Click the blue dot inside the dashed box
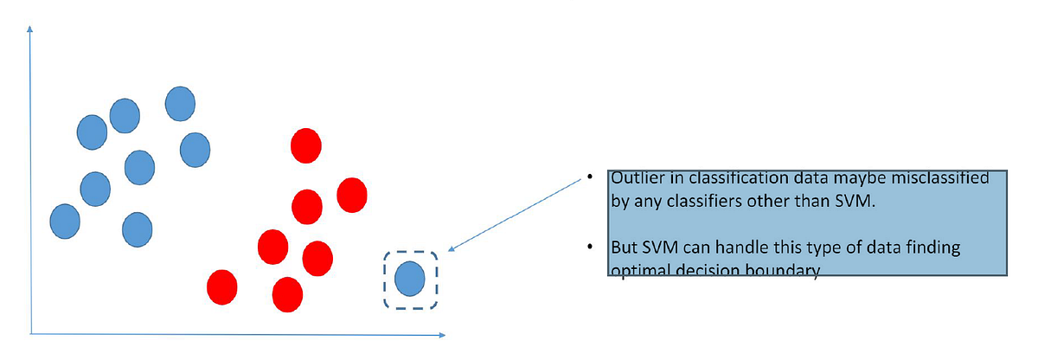pyautogui.click(x=409, y=279)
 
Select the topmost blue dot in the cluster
pyautogui.click(x=179, y=103)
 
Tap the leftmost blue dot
pyautogui.click(x=64, y=220)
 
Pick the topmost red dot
pyautogui.click(x=305, y=145)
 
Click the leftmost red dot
pyautogui.click(x=222, y=286)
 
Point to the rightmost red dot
pyautogui.click(x=352, y=194)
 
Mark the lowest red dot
pyautogui.click(x=287, y=294)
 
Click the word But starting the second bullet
pyautogui.click(x=625, y=248)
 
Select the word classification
pyautogui.click(x=723, y=179)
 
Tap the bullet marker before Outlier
pyautogui.click(x=589, y=179)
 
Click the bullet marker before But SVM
pyautogui.click(x=589, y=248)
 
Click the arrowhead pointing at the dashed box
pyautogui.click(x=452, y=249)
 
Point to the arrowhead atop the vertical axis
pyautogui.click(x=31, y=29)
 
